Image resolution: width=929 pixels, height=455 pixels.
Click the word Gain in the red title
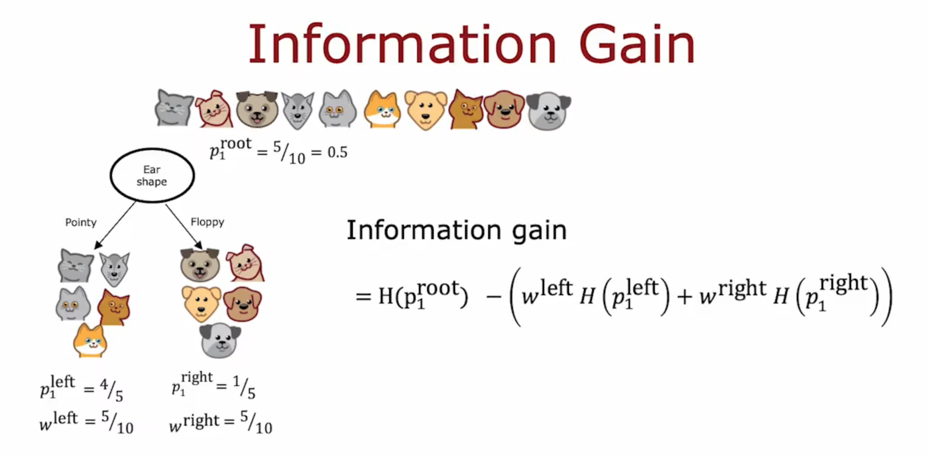point(636,44)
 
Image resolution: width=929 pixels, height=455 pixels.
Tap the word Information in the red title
point(402,44)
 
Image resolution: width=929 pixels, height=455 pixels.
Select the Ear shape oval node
point(152,176)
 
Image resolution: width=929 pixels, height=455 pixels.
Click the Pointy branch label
point(81,223)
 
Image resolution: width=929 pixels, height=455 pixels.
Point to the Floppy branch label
point(207,222)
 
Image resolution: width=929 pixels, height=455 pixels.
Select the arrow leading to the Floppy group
point(184,227)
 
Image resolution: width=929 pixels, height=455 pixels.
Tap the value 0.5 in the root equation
point(337,152)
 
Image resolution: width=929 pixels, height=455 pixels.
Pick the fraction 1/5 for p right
point(244,387)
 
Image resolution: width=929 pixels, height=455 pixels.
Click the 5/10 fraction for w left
point(117,422)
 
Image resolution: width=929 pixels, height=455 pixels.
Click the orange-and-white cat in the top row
point(382,109)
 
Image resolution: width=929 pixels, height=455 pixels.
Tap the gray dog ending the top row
point(548,111)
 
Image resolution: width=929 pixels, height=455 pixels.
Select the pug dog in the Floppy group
point(200,265)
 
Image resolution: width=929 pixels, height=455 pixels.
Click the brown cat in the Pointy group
point(114,308)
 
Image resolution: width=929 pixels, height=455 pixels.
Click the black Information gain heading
point(457,230)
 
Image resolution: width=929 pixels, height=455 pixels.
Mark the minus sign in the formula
point(494,297)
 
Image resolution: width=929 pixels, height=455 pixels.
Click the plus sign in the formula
point(685,297)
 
